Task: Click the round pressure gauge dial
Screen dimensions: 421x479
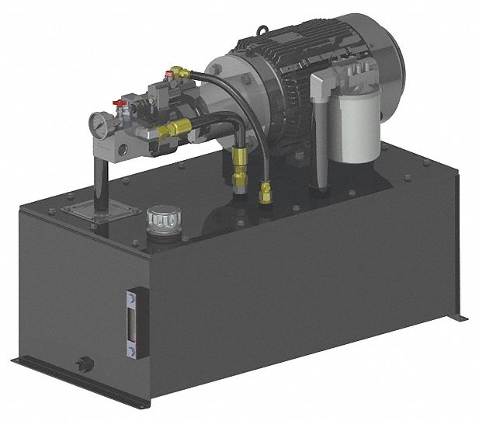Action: tap(98, 125)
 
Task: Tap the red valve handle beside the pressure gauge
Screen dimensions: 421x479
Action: tap(119, 103)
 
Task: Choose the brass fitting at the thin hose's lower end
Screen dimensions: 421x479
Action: tap(266, 190)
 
